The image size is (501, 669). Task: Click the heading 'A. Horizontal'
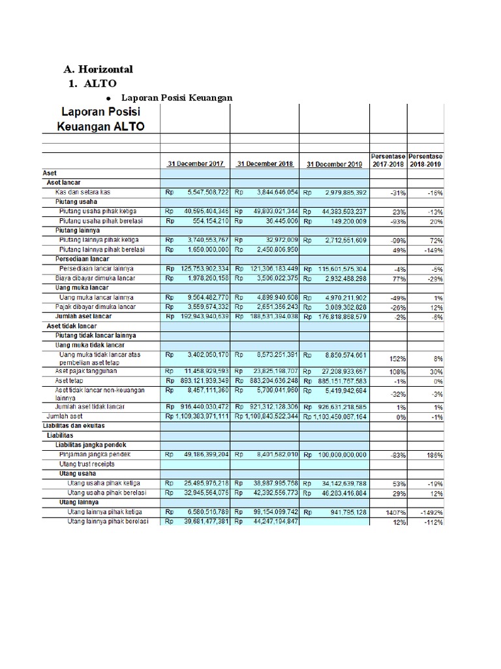tap(98, 69)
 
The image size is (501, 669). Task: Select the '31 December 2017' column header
tap(196, 164)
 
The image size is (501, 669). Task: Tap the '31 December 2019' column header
tap(334, 164)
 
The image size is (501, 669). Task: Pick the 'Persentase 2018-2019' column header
tap(426, 160)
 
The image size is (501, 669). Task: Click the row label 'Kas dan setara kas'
tap(82, 192)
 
